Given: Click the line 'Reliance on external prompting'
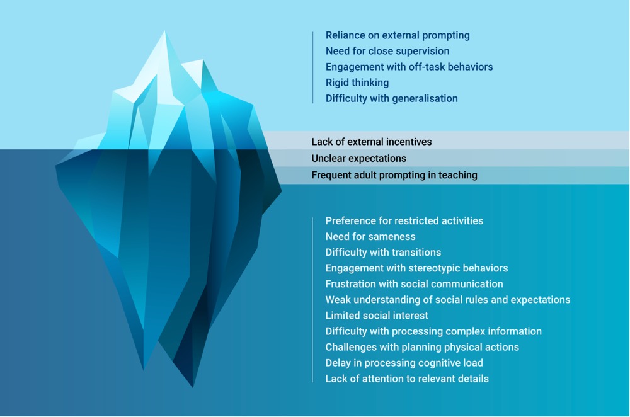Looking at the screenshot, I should pos(398,35).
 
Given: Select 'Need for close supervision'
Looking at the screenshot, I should pos(387,51).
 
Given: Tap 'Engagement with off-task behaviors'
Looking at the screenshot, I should pos(409,67).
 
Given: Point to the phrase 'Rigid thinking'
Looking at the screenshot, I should pos(357,83).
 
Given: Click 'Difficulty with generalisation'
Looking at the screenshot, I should pos(391,98).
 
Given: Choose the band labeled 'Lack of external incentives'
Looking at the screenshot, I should pos(372,142).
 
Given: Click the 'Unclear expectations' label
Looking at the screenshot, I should pos(358,158).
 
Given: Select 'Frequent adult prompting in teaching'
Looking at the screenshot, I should pos(394,175).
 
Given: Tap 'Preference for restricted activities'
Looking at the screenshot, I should pos(404,221).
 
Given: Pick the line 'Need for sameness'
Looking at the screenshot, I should pos(370,237).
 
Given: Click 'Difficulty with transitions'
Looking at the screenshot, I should pos(383,253).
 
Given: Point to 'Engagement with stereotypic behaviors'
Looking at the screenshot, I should pos(416,268).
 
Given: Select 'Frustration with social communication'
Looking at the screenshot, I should pos(414,284).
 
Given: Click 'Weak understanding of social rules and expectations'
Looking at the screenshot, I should pos(448,300).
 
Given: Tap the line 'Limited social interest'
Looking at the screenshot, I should pos(377,316).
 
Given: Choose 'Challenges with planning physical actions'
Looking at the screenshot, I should pos(422,347).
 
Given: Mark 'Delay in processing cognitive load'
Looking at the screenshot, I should pos(404,363).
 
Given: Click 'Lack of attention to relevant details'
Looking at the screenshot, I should pos(407,379).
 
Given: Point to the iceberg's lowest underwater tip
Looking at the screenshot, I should pos(193,386).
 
